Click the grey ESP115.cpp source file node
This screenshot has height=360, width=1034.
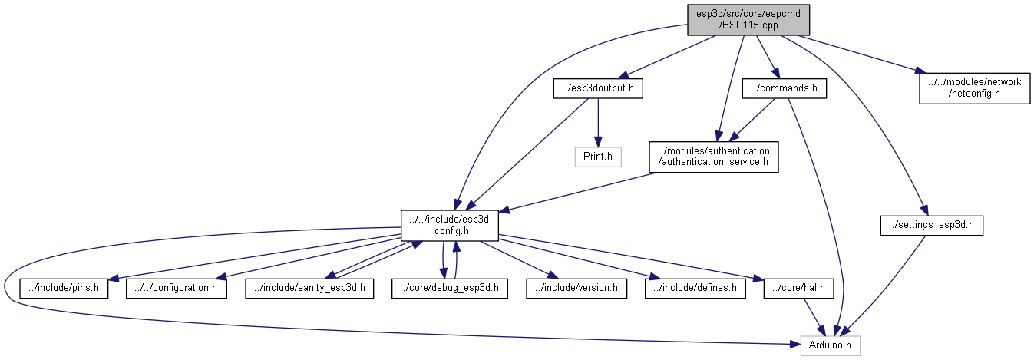pos(748,20)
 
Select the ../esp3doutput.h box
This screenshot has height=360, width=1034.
pos(598,88)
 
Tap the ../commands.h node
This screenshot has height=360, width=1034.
pos(784,88)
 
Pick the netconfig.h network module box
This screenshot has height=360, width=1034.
pos(974,88)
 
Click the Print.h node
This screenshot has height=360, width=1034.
pos(598,157)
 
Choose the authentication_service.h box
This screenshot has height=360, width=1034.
pos(714,157)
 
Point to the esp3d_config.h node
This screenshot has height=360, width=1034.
pos(449,225)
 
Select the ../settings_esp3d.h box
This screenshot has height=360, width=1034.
pos(932,225)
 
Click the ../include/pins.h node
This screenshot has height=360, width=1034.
pos(64,288)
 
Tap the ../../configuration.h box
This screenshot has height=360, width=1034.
pos(177,288)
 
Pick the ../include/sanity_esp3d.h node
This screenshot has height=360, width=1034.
pos(309,288)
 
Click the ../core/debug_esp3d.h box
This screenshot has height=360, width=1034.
pos(450,288)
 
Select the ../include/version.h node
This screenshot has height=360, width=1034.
pos(576,288)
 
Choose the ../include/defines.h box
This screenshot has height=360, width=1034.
pos(695,288)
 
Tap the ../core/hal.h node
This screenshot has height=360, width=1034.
pos(798,288)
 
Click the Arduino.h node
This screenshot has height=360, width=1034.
pos(830,345)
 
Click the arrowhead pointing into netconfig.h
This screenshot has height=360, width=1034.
pos(920,71)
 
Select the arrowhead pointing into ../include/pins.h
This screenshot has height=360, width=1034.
pos(114,278)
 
